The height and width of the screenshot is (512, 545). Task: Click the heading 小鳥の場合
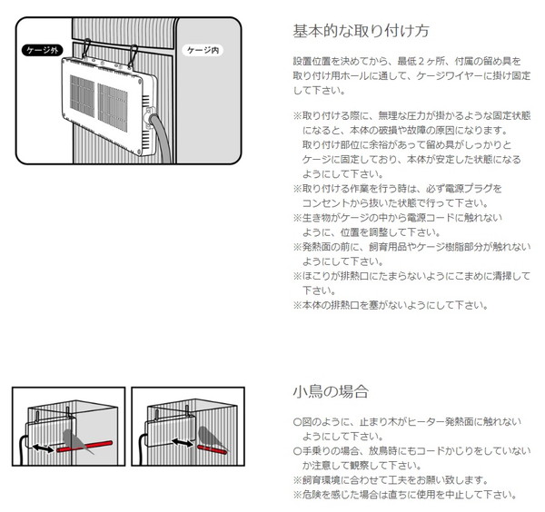pos(331,391)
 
